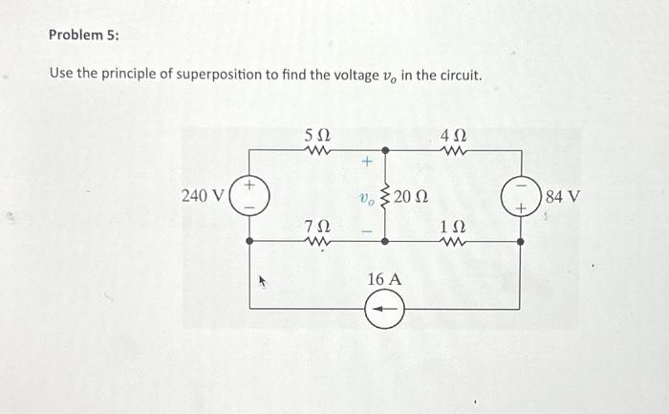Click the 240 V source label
coord(204,196)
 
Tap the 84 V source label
coord(562,198)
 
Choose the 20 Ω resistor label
coord(413,198)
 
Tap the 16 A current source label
coord(384,279)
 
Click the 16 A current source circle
coord(385,309)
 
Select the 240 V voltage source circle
coord(250,196)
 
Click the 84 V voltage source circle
coord(520,198)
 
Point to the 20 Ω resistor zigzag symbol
coord(385,197)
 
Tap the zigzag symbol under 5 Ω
coord(316,149)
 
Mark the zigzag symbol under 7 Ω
coord(316,243)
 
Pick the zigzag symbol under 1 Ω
coord(452,243)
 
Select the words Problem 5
coord(83,34)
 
